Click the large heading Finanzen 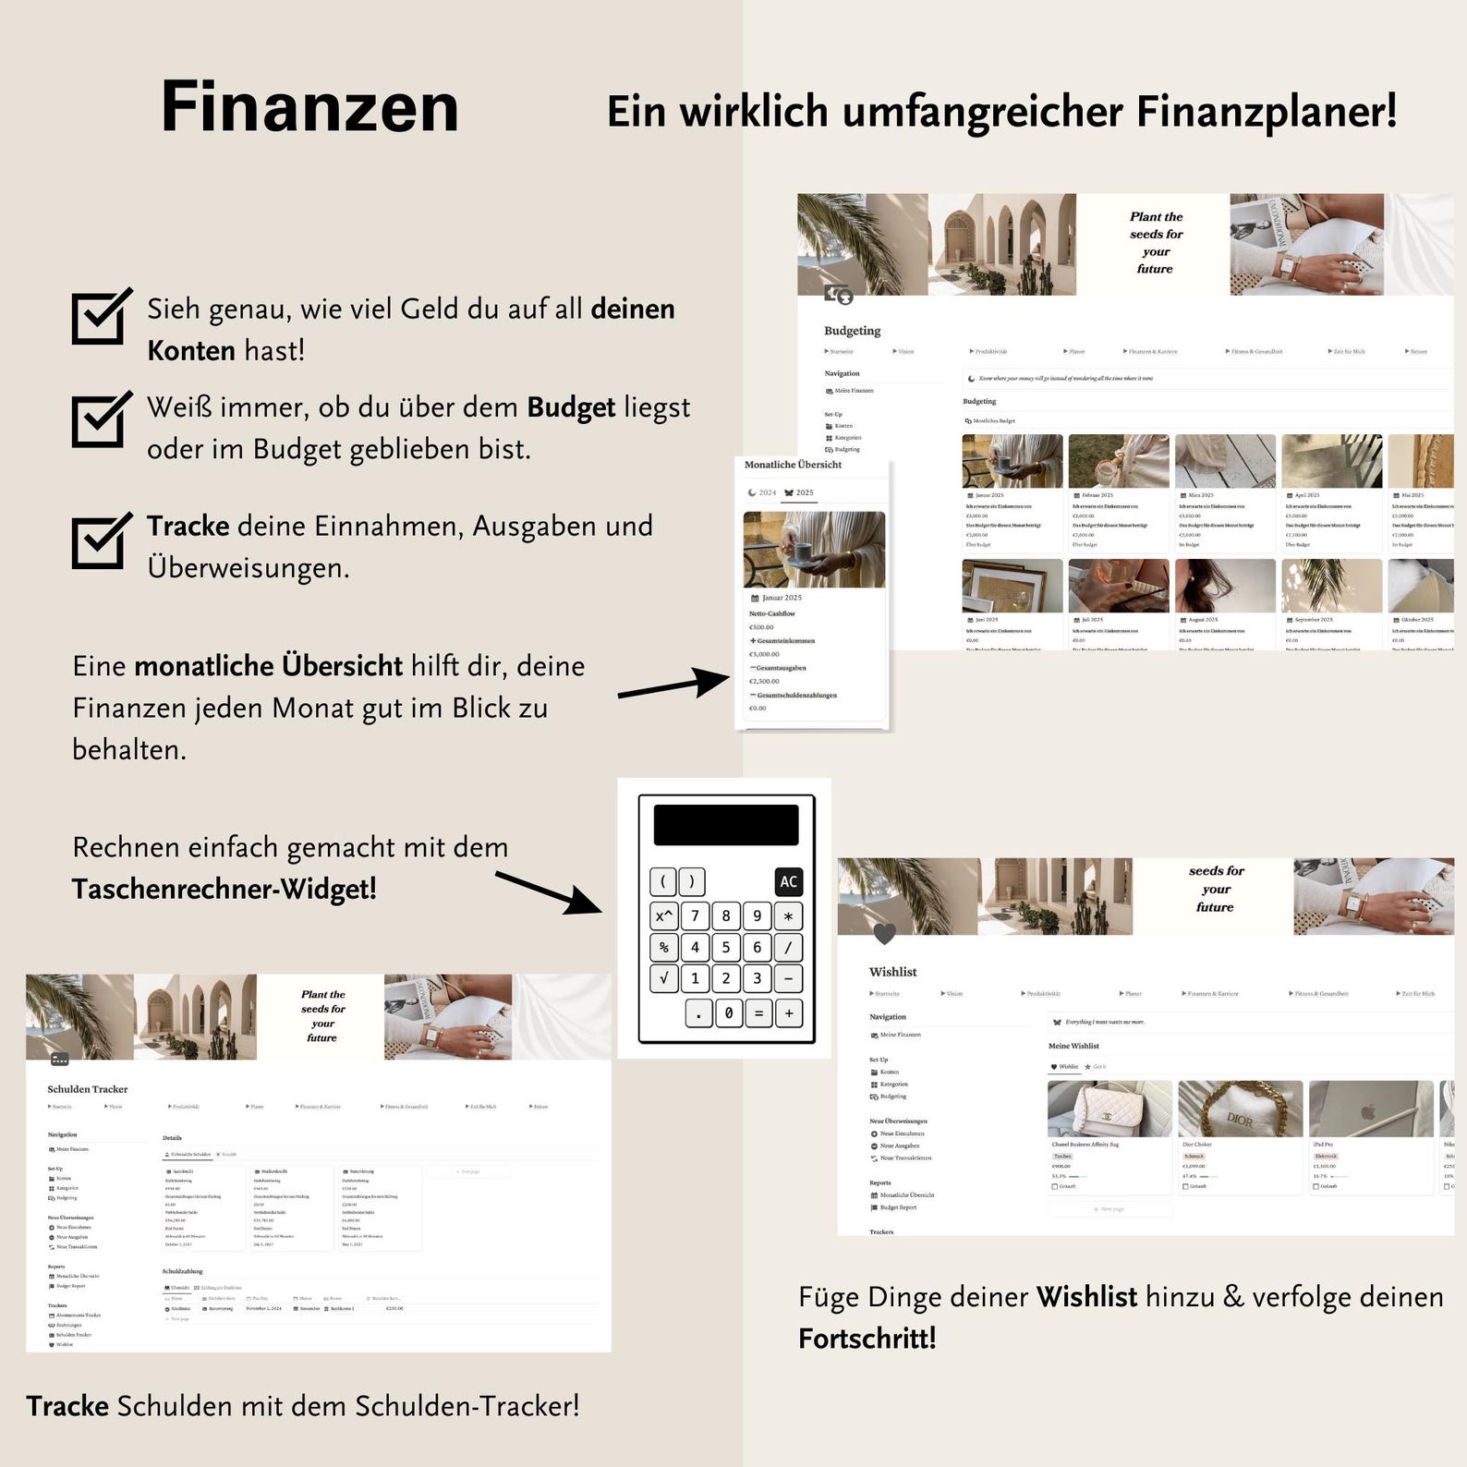point(309,107)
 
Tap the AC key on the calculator point(788,881)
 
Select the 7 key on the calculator point(695,915)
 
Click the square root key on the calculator point(663,978)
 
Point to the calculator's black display point(726,825)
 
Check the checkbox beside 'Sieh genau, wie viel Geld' point(99,317)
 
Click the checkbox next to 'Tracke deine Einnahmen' point(99,541)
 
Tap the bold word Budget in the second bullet point(571,407)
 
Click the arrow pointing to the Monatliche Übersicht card point(673,685)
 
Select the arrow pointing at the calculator point(549,892)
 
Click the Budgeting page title point(852,331)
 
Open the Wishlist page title point(892,972)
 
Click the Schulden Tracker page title point(88,1089)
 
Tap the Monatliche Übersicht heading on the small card point(793,465)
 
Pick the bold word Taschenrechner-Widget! point(224,889)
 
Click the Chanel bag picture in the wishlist point(1109,1109)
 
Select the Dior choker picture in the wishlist point(1240,1109)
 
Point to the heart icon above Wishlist point(884,934)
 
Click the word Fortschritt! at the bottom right point(867,1339)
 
